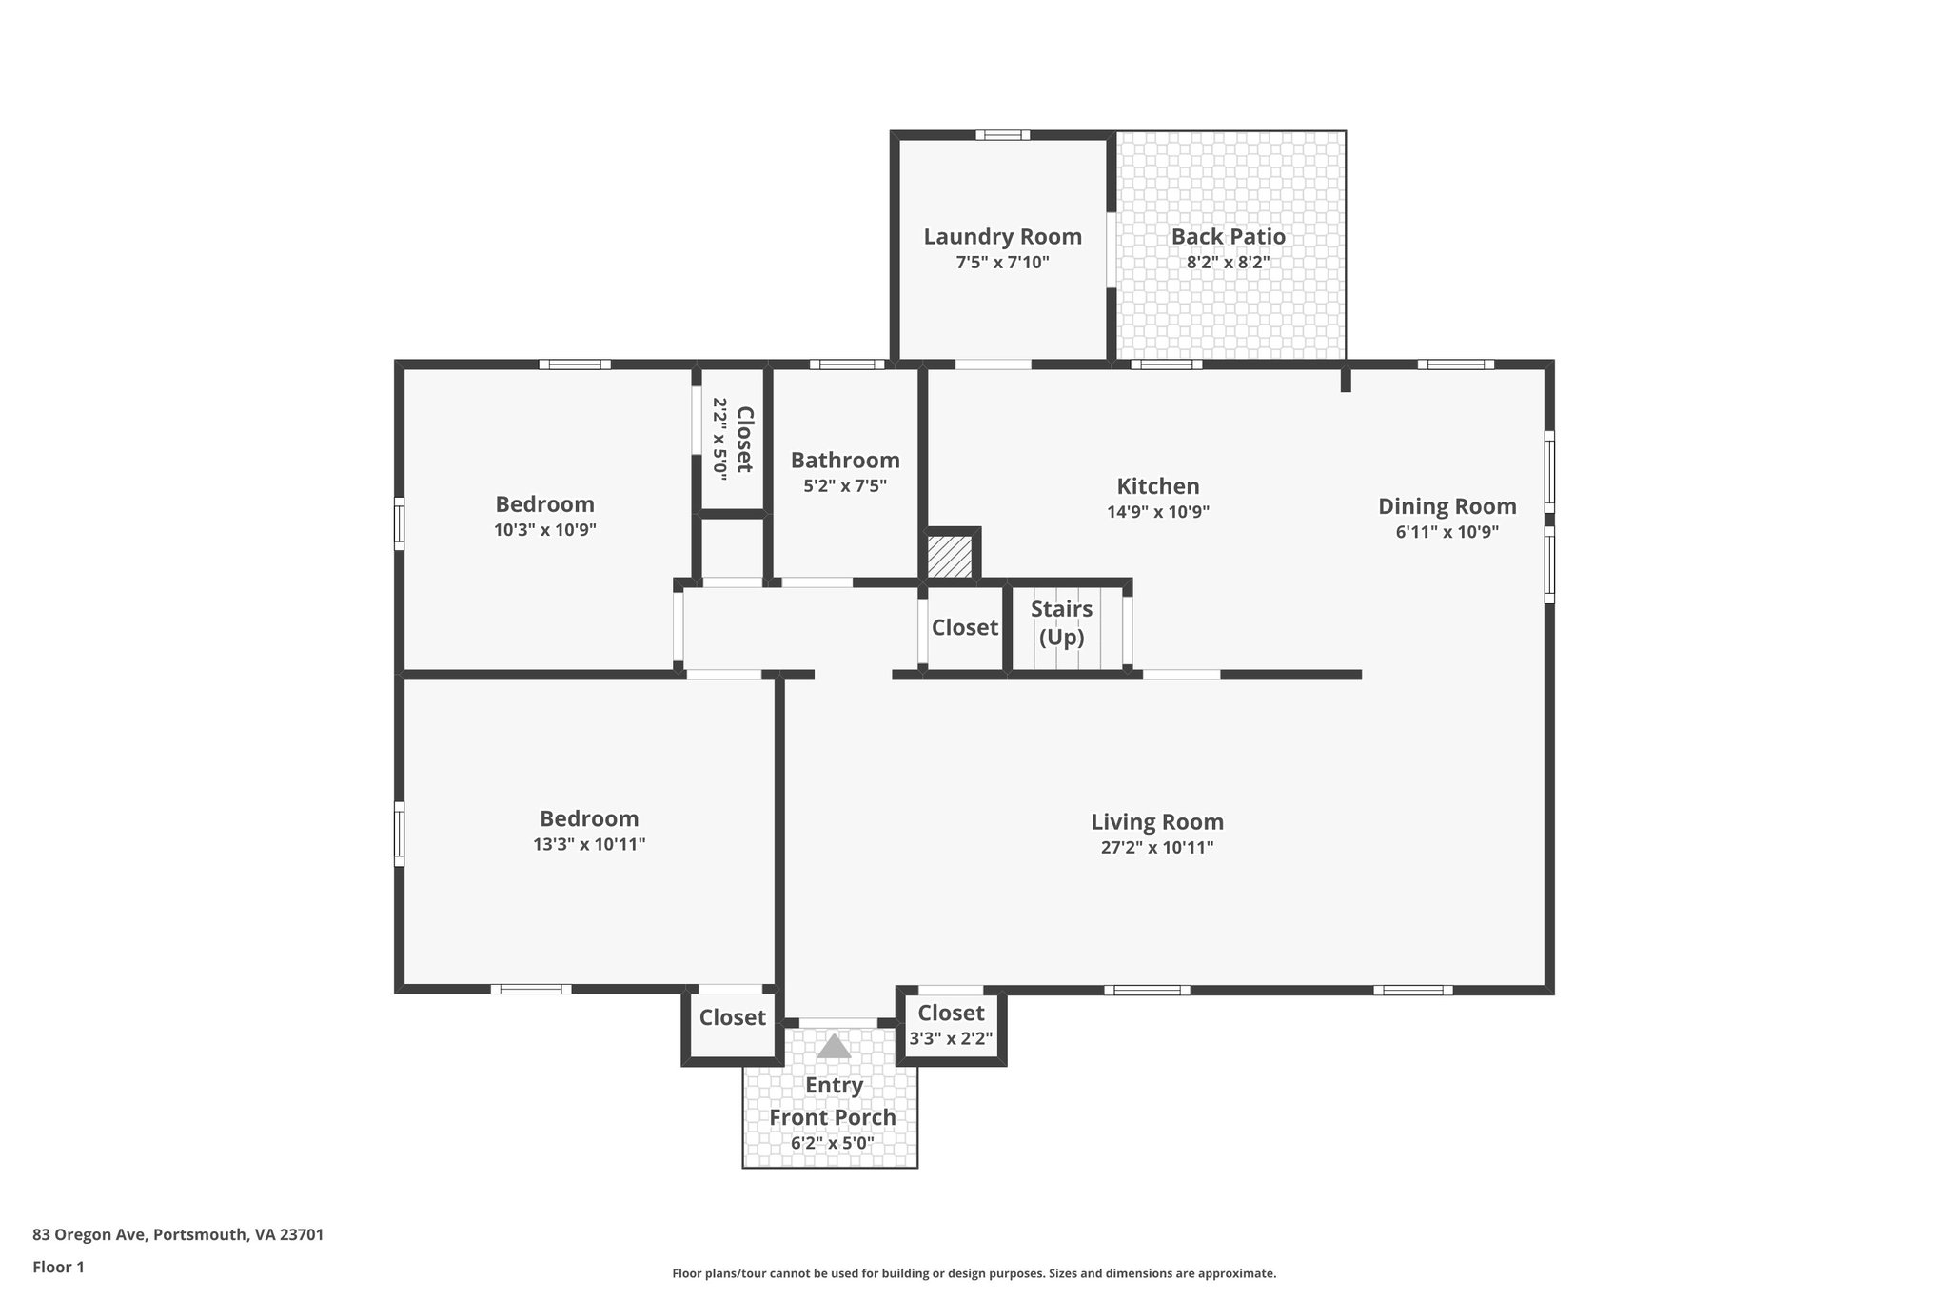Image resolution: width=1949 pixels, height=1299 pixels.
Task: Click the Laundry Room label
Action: [x=1002, y=237]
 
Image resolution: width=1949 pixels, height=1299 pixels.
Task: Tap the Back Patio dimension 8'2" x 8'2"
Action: [x=1228, y=263]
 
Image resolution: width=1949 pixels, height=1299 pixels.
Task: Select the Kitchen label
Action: [x=1157, y=486]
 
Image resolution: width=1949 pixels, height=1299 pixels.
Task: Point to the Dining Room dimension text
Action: [x=1447, y=532]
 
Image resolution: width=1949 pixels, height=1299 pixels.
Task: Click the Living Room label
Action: [x=1156, y=821]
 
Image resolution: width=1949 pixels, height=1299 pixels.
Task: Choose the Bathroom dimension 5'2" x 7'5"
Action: [x=844, y=485]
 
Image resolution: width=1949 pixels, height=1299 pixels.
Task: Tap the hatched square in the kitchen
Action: [x=950, y=556]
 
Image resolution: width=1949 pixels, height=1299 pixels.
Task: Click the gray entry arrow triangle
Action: [x=834, y=1047]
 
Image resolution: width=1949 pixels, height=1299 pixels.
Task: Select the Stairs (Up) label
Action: [x=1061, y=622]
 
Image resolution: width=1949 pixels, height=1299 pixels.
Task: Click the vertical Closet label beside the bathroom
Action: [x=744, y=439]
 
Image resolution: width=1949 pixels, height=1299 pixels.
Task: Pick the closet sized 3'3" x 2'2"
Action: [x=951, y=1025]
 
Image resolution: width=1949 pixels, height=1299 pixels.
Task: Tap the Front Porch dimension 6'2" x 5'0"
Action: [x=832, y=1143]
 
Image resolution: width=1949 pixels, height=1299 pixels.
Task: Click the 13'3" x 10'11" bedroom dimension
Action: [x=589, y=844]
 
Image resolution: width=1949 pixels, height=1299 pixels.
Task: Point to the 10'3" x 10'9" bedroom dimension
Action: [x=544, y=530]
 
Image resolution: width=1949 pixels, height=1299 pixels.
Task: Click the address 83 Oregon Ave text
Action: [x=178, y=1234]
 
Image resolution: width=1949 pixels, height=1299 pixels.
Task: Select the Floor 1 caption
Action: [x=58, y=1267]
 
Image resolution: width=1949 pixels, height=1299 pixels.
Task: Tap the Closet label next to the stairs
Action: [x=964, y=627]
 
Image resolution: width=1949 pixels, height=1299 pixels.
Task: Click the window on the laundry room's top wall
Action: [x=1002, y=135]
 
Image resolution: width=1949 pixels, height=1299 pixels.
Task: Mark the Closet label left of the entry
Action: [x=732, y=1017]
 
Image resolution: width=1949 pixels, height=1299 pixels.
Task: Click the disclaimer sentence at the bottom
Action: [x=974, y=1273]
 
